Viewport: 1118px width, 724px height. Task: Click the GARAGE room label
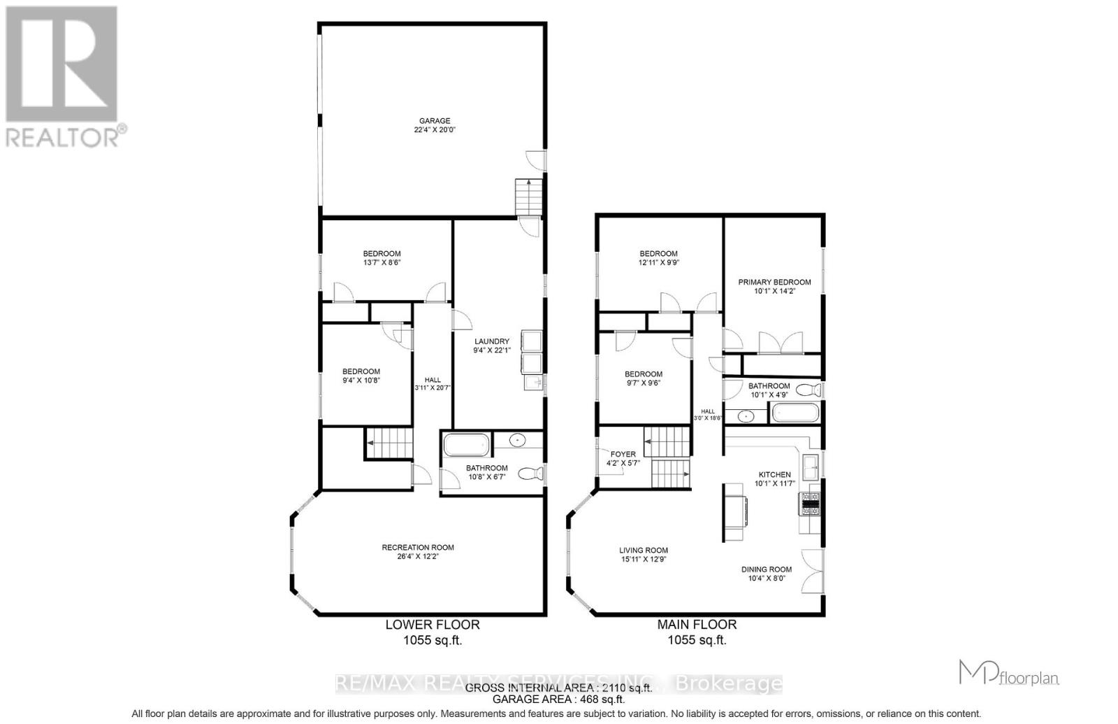tap(435, 121)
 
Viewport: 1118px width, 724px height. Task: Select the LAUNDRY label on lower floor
tap(492, 341)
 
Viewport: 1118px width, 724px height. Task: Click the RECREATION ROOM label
tap(418, 548)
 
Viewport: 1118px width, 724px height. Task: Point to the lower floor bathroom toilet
tap(532, 474)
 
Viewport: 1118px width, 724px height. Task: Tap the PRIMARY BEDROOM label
tap(774, 283)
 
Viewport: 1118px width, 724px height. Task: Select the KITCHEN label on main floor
tap(774, 474)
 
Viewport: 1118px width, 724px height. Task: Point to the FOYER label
tap(623, 454)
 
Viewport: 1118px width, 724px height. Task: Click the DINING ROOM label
tap(767, 569)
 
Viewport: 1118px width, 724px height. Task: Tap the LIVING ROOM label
tap(644, 551)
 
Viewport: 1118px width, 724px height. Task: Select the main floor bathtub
tap(795, 412)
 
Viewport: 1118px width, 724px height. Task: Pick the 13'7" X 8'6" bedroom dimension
tap(382, 263)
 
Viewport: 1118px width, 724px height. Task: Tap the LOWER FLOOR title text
tap(433, 625)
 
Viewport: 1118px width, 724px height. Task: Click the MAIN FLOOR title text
tap(697, 625)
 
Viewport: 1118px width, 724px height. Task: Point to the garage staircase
tap(528, 197)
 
